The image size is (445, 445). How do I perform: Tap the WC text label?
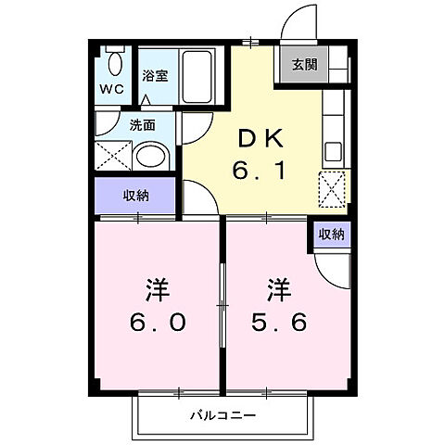coord(110,90)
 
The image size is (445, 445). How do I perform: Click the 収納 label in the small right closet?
coord(331,235)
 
